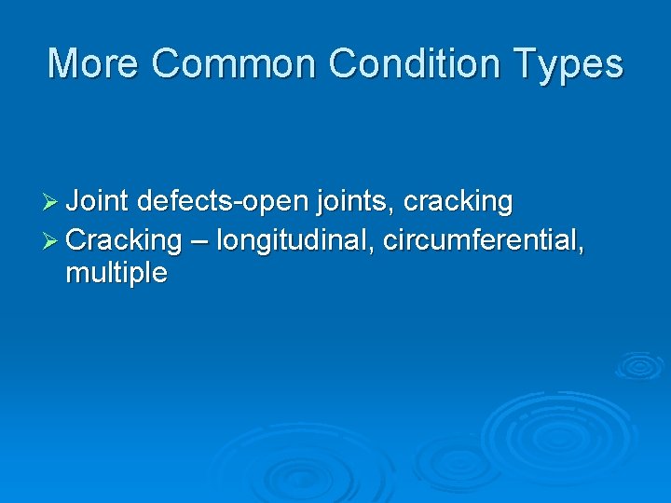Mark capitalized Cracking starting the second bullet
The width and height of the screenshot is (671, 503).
[x=124, y=241]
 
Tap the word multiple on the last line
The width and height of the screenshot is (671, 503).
[x=116, y=274]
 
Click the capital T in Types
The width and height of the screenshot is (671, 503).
[x=532, y=64]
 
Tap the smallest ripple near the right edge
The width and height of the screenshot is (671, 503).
[x=639, y=365]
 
